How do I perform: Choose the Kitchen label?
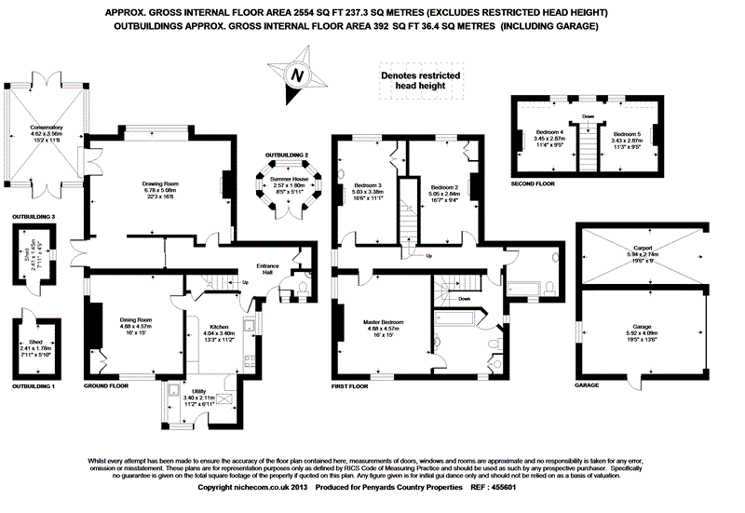click(x=220, y=327)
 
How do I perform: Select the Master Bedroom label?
click(x=383, y=323)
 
